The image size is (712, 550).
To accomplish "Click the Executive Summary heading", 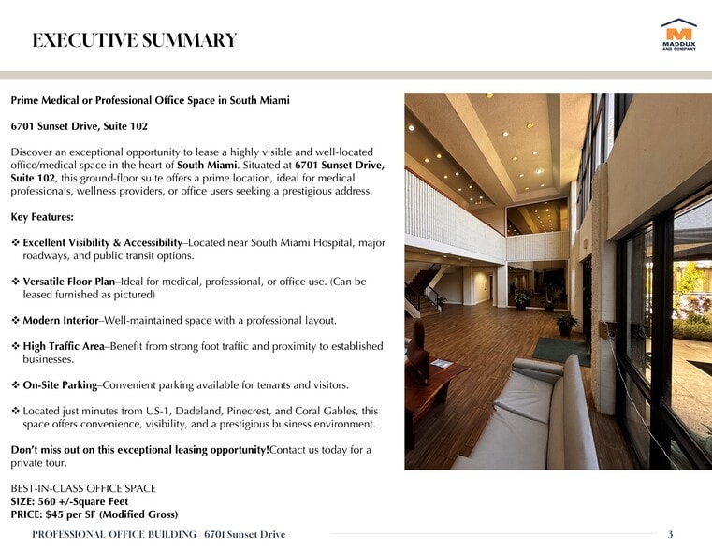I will pyautogui.click(x=134, y=40).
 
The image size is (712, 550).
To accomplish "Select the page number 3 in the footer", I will pyautogui.click(x=670, y=534).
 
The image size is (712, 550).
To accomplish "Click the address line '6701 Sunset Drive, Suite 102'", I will pyautogui.click(x=79, y=125).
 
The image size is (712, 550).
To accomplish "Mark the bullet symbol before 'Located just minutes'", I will pyautogui.click(x=15, y=411).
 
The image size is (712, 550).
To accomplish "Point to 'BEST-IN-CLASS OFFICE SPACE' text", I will pyautogui.click(x=83, y=488).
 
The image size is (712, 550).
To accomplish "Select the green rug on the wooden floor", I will pyautogui.click(x=561, y=351).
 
